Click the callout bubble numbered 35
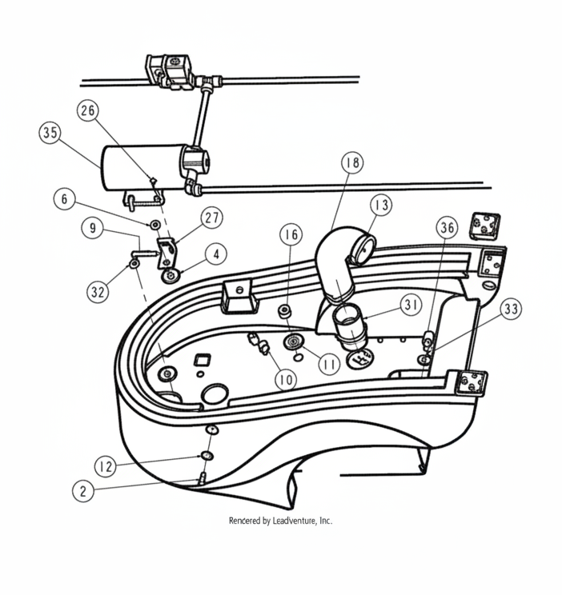click(50, 134)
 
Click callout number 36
click(448, 228)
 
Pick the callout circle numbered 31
click(411, 305)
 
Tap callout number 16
click(291, 234)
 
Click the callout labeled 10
click(284, 379)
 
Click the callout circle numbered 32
click(98, 292)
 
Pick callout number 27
click(212, 218)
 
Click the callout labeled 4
click(215, 254)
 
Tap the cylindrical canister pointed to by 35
click(140, 166)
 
